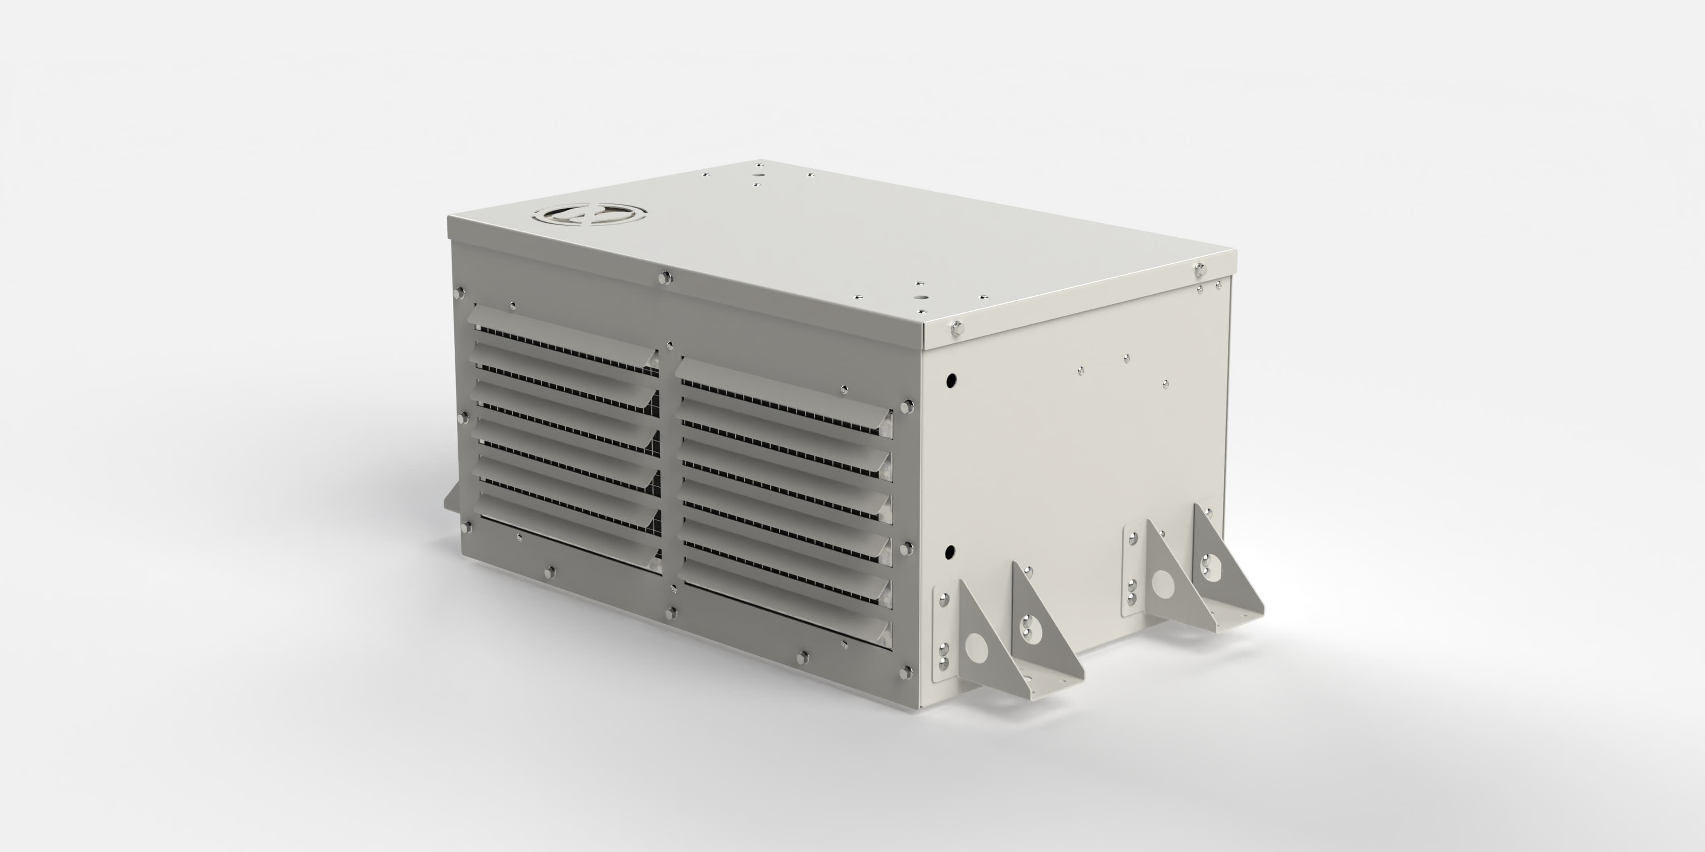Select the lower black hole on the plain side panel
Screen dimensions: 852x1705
(950, 551)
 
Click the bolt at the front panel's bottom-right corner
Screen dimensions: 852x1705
(904, 673)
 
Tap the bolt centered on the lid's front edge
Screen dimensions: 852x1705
(665, 278)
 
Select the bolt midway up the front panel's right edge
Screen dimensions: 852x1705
(905, 548)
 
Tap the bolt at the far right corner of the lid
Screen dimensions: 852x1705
(1199, 268)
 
